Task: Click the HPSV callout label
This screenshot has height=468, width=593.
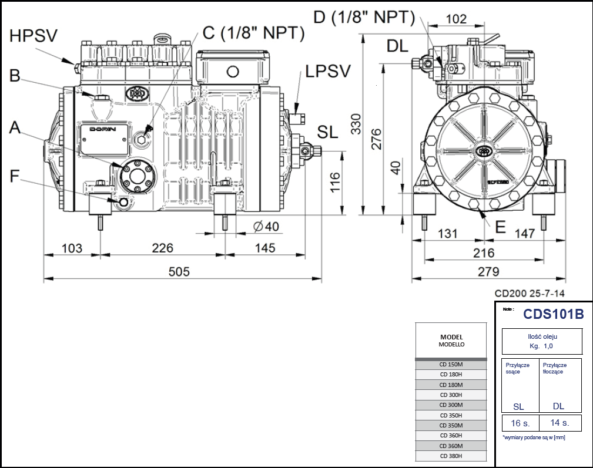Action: [33, 36]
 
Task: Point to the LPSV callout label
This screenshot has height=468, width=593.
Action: [327, 71]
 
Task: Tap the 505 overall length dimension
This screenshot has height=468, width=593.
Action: [179, 271]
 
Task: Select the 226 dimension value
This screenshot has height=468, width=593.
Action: [162, 248]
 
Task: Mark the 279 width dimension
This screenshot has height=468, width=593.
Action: [487, 271]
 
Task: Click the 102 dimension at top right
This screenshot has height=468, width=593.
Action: [456, 19]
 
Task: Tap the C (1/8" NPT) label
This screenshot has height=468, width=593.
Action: [253, 33]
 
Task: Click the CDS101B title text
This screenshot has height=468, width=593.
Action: [553, 314]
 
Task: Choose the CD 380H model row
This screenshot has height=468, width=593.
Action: [451, 456]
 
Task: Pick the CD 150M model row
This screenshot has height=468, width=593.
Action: [451, 364]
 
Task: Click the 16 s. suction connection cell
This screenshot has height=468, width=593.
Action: [520, 423]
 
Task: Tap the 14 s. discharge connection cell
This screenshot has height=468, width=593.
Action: [559, 423]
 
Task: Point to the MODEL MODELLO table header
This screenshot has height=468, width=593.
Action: [451, 341]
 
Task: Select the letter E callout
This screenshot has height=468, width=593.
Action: [500, 227]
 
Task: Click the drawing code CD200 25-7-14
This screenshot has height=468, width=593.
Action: [531, 293]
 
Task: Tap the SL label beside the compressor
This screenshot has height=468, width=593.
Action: [327, 132]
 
